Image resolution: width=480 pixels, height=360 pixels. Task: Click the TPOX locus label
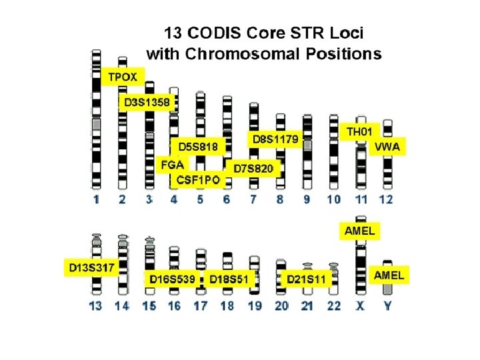(123, 77)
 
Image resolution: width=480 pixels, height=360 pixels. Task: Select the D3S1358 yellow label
(148, 102)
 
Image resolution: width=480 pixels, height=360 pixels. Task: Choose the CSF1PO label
(198, 181)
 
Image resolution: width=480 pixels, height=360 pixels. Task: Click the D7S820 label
(253, 169)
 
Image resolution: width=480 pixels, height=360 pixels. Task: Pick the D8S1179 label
(276, 139)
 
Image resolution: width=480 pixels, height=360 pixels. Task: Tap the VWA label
(388, 147)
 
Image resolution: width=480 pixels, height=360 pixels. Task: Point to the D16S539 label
(172, 279)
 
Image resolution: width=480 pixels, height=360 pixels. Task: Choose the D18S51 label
(229, 279)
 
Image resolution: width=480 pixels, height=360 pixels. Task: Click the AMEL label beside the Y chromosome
(389, 275)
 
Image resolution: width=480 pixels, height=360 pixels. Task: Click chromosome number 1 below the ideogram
(97, 199)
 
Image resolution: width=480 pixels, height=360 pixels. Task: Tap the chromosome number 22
(334, 305)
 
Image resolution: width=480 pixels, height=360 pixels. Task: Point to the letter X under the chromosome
(361, 305)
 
